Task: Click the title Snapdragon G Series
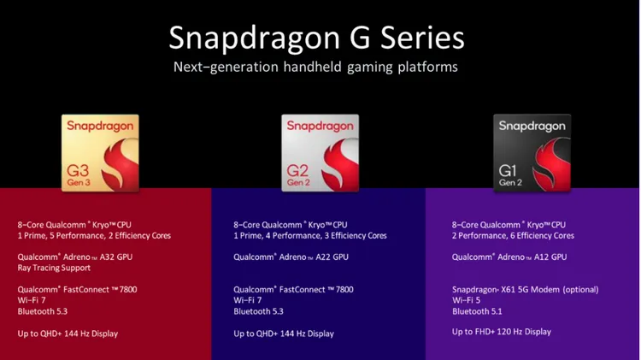click(x=316, y=38)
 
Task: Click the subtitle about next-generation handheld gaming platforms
click(x=316, y=67)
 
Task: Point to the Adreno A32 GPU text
click(x=75, y=257)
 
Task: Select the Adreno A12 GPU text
click(x=509, y=257)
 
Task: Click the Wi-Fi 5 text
click(x=468, y=301)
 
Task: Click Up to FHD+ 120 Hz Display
click(x=502, y=332)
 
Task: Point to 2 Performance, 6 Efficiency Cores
click(x=513, y=236)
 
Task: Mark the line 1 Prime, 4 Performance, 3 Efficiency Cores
click(x=309, y=236)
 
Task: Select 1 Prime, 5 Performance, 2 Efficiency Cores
click(x=94, y=236)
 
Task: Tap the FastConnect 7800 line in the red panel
click(x=77, y=290)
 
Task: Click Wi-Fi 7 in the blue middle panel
click(x=249, y=301)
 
